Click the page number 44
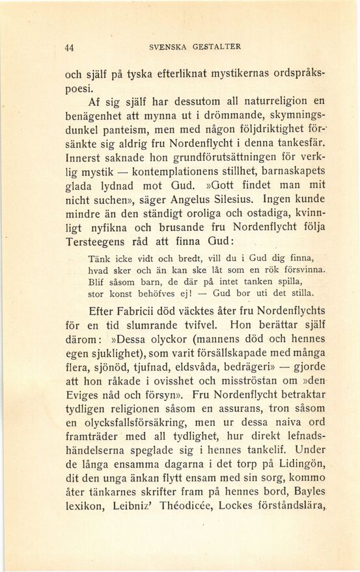point(69,47)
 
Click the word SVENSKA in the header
point(169,47)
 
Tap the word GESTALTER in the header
point(217,47)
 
